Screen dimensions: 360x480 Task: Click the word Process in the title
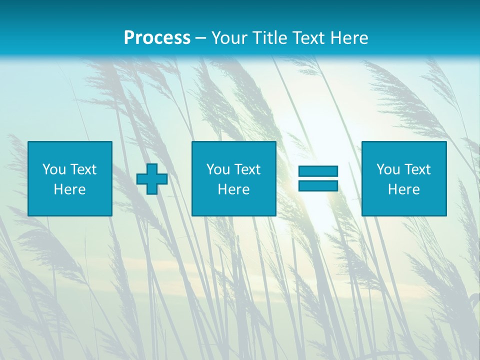point(157,38)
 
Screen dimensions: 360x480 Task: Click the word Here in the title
point(350,38)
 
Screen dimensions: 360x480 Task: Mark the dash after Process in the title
point(201,38)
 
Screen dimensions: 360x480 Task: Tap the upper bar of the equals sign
point(318,171)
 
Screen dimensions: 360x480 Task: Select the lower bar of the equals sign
point(318,185)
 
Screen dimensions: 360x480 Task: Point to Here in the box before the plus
point(70,189)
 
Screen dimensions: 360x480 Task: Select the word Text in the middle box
point(247,169)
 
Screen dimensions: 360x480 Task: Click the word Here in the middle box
point(234,189)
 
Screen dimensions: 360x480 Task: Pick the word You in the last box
point(388,169)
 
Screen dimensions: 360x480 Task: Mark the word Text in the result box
point(417,169)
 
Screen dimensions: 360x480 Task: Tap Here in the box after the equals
point(404,189)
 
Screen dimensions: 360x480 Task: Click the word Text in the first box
point(83,169)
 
